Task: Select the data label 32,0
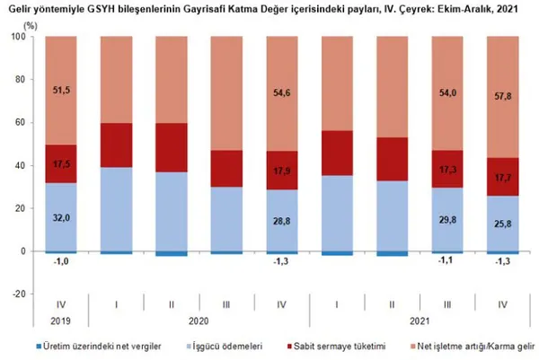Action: coord(60,216)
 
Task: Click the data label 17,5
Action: coord(60,164)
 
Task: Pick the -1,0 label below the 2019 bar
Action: coord(60,261)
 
